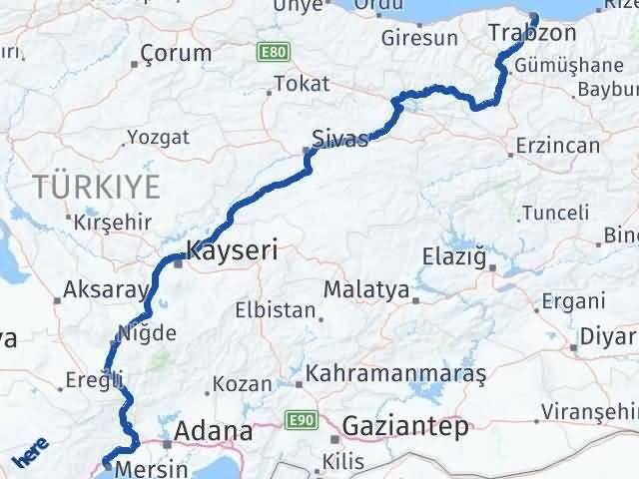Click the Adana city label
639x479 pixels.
pos(213,431)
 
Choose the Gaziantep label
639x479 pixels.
pos(404,428)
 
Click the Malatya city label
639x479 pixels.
pos(366,290)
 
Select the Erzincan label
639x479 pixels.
pos(559,146)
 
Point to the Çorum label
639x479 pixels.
pos(176,53)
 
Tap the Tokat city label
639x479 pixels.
pos(301,85)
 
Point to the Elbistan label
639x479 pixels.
pos(277,310)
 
